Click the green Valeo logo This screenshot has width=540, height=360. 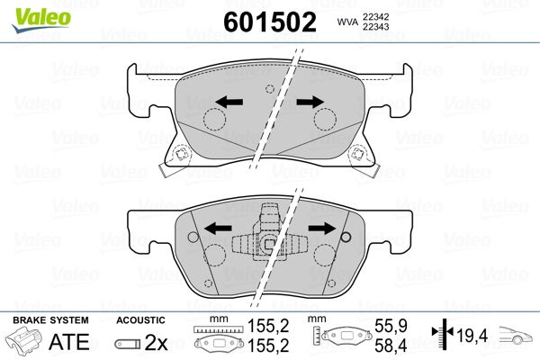[x=40, y=20]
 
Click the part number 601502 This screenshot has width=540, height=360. [x=270, y=22]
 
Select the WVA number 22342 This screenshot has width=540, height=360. [x=375, y=17]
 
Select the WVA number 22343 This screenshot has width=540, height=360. [x=375, y=27]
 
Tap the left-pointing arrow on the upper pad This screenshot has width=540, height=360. [x=229, y=102]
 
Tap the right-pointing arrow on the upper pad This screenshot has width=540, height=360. [x=310, y=102]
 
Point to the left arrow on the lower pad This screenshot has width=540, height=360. [x=218, y=228]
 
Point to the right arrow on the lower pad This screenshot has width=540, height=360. [x=322, y=228]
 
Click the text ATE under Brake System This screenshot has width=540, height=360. [x=69, y=341]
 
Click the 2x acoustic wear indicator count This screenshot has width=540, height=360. [x=156, y=342]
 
